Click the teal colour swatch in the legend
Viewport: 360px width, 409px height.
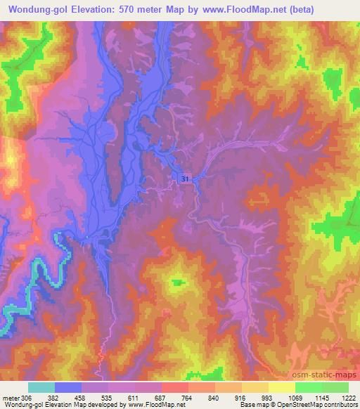(41, 387)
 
